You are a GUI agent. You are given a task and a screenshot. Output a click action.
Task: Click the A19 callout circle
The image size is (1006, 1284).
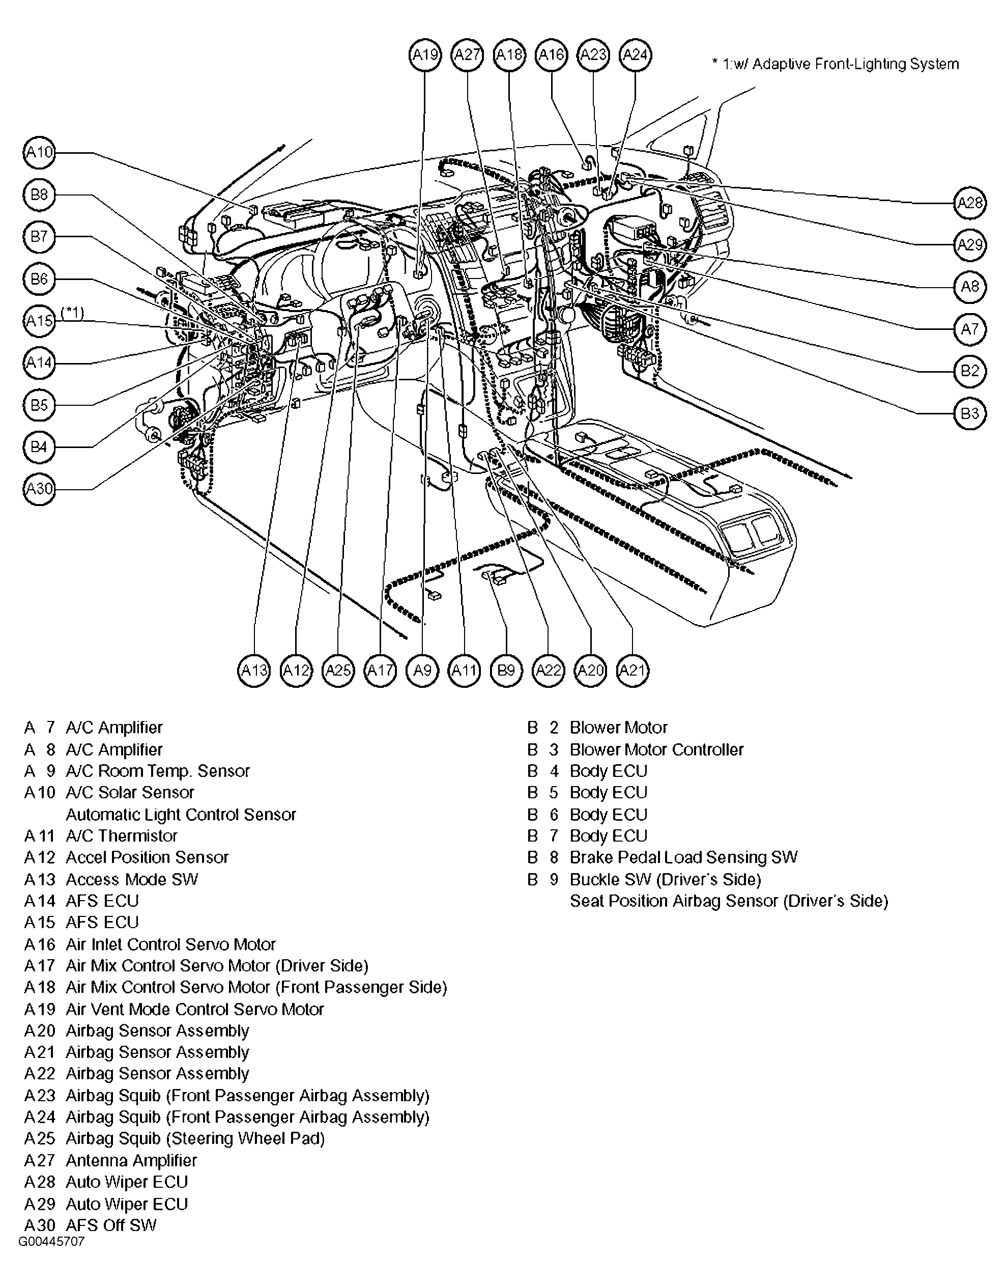click(425, 55)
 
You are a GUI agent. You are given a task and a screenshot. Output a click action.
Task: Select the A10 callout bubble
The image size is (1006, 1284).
click(39, 153)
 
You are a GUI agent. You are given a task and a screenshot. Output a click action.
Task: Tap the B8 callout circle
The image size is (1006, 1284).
click(39, 194)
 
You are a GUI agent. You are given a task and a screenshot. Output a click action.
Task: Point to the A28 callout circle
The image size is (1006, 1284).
click(969, 203)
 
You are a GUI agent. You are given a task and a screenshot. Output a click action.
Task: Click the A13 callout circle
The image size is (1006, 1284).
click(254, 670)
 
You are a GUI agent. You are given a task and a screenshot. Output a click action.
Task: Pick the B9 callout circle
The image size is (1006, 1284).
click(506, 670)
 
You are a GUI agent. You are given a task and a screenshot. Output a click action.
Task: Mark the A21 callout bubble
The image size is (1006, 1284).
click(633, 670)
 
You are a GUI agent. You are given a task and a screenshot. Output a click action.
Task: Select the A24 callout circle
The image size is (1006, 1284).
click(635, 55)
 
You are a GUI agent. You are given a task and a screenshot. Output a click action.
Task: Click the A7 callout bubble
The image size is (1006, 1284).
click(969, 329)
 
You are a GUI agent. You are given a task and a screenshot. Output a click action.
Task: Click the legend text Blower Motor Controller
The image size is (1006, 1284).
click(656, 749)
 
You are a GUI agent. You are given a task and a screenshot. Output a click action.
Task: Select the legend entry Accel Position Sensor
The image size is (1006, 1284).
click(147, 857)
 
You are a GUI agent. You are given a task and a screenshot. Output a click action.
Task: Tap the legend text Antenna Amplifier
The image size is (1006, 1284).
click(131, 1160)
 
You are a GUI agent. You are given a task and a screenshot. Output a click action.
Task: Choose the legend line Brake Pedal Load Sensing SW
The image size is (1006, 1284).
click(683, 857)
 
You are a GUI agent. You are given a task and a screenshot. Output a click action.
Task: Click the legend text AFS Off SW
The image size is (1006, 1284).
click(111, 1225)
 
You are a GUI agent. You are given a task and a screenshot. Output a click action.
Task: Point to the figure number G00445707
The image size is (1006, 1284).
click(51, 1242)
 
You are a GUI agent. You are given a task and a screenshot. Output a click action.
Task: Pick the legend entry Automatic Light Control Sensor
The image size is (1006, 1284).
click(181, 815)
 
